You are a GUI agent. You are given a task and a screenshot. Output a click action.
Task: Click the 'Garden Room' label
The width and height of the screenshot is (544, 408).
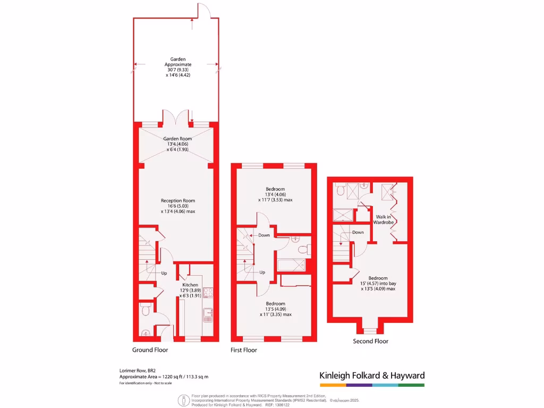tap(177, 139)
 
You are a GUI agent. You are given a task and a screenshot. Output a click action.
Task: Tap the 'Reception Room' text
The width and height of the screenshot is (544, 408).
tap(178, 200)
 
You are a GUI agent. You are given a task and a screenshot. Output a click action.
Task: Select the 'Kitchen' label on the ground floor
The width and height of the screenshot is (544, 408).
tap(190, 285)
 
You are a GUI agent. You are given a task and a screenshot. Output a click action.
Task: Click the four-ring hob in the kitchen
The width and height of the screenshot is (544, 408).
tap(208, 292)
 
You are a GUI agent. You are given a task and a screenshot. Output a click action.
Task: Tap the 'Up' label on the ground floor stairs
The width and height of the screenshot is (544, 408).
tap(164, 273)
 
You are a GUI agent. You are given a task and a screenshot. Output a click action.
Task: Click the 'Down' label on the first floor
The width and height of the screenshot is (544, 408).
tap(264, 235)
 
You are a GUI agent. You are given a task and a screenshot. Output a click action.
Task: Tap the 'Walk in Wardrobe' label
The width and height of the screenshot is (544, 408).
tap(385, 219)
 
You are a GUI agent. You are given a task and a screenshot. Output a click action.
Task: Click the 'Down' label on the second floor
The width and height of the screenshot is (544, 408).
tap(358, 232)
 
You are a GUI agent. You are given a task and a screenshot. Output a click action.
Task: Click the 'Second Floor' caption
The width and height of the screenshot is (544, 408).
tap(370, 341)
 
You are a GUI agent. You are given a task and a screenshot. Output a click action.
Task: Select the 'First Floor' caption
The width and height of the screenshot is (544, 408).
tap(243, 350)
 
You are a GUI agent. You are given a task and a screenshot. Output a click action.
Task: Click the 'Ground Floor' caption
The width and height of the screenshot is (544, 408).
tap(150, 350)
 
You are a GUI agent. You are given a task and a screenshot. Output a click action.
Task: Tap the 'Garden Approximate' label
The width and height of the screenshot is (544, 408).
tap(177, 62)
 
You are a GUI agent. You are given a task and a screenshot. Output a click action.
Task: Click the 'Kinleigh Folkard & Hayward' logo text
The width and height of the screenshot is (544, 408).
tap(372, 376)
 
